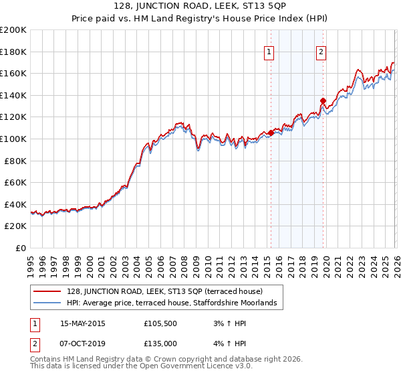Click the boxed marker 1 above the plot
(269, 52)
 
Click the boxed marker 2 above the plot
(321, 52)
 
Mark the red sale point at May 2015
(271, 133)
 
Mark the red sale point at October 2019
(323, 101)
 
